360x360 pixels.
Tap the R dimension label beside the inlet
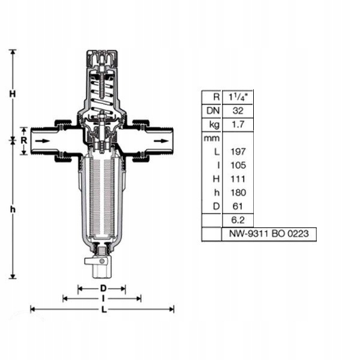click(23, 140)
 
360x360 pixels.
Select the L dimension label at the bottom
click(103, 310)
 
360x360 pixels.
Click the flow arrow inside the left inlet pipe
click(44, 141)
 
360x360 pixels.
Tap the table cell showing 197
click(238, 151)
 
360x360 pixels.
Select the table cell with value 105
click(238, 165)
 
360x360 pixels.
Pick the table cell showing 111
click(238, 179)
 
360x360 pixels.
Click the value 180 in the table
click(238, 193)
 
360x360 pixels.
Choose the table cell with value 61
click(238, 206)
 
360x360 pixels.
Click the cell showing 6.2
click(238, 220)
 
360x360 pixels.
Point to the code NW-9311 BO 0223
click(268, 234)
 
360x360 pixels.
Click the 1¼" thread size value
click(238, 97)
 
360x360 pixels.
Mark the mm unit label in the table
click(211, 138)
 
